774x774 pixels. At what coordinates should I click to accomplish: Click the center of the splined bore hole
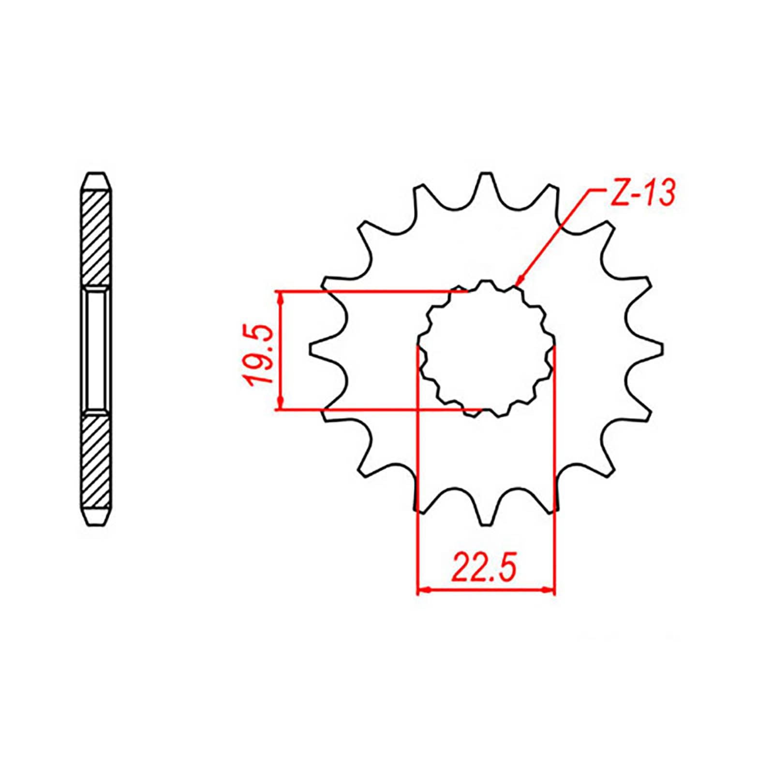[x=486, y=348]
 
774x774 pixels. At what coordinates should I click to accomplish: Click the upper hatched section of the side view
[x=97, y=239]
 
